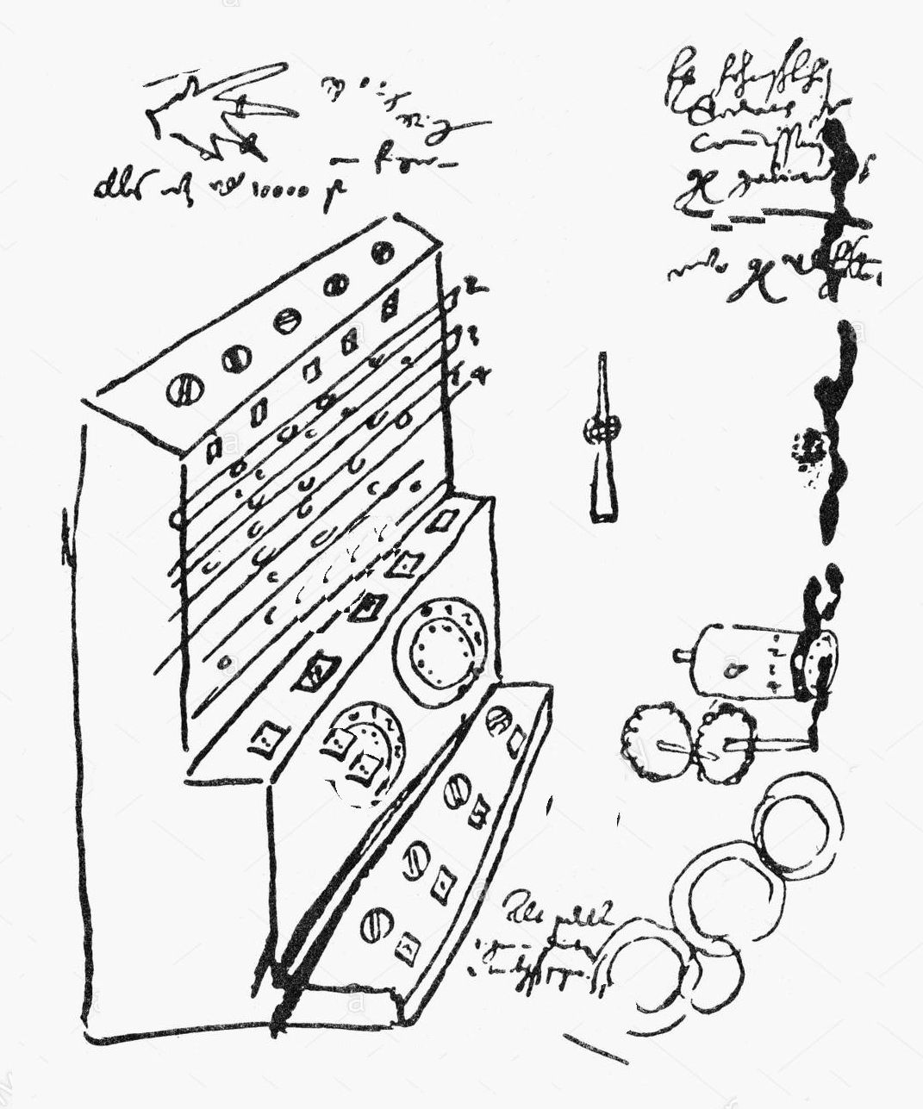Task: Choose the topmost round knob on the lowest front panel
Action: coord(499,720)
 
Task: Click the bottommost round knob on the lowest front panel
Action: coord(374,923)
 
